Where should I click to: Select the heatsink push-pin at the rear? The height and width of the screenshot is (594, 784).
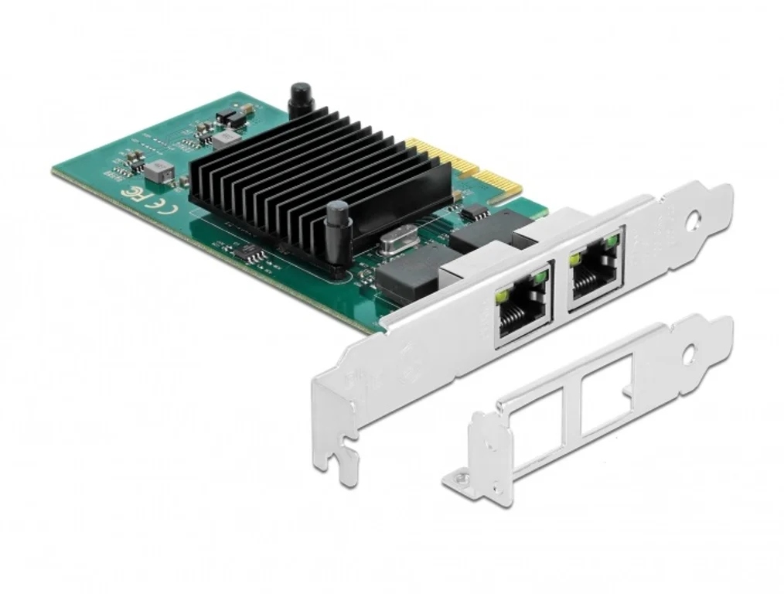coord(297,100)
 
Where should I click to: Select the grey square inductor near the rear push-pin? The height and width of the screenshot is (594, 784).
coord(227,138)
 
